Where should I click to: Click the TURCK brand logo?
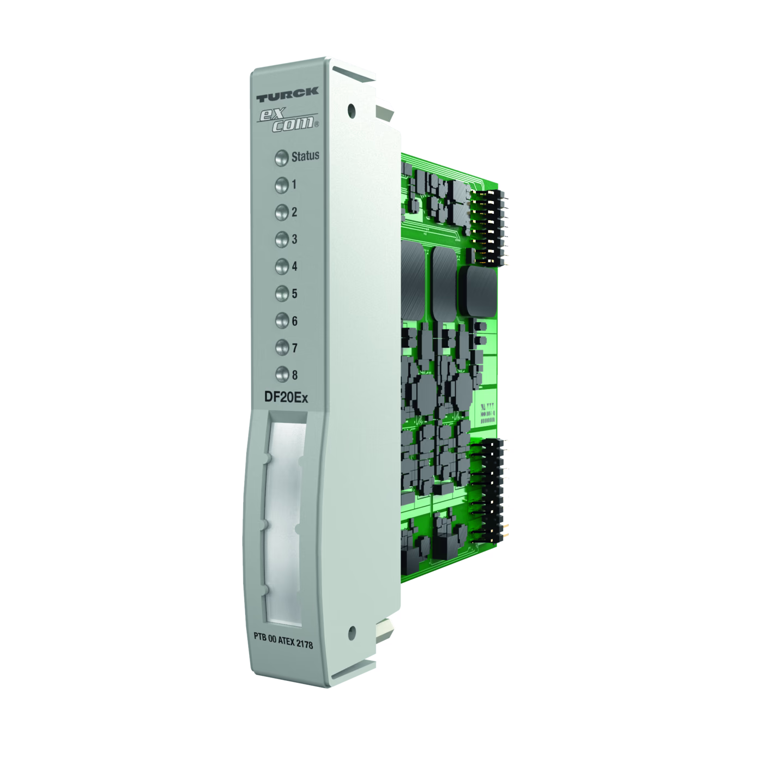pyautogui.click(x=287, y=95)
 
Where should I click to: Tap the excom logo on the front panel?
pyautogui.click(x=288, y=120)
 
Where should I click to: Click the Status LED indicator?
pyautogui.click(x=281, y=158)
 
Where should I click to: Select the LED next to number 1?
pyautogui.click(x=282, y=185)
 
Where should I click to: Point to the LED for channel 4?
pyautogui.click(x=282, y=267)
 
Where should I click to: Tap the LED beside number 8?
pyautogui.click(x=282, y=374)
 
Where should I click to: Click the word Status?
pyautogui.click(x=305, y=156)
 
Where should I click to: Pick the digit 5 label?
pyautogui.click(x=295, y=293)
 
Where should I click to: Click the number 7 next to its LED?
pyautogui.click(x=295, y=348)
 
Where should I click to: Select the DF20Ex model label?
pyautogui.click(x=286, y=397)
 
